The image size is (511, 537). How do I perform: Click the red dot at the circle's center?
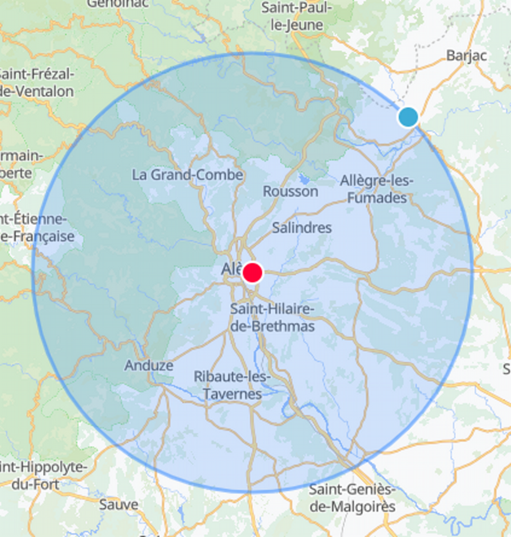(x=252, y=273)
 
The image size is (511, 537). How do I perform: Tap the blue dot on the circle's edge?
(x=408, y=117)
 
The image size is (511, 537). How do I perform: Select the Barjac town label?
(x=466, y=56)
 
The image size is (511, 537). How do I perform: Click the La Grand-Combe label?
(x=187, y=175)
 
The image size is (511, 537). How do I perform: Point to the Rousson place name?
(x=290, y=192)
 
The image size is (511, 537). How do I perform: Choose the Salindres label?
(x=302, y=228)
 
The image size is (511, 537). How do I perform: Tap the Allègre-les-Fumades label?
(x=377, y=189)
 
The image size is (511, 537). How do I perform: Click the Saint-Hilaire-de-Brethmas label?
(x=272, y=318)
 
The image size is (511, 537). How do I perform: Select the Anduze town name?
(x=149, y=365)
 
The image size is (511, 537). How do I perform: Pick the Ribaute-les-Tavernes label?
(x=232, y=385)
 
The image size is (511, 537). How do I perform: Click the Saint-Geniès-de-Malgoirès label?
(x=352, y=498)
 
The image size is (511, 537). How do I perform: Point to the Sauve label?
(x=119, y=505)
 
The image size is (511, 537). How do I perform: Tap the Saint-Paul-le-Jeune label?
(x=297, y=16)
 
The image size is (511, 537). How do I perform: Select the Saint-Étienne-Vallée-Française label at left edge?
(x=35, y=228)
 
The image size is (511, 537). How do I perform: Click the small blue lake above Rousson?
(x=304, y=180)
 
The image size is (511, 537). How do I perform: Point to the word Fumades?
(x=377, y=198)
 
